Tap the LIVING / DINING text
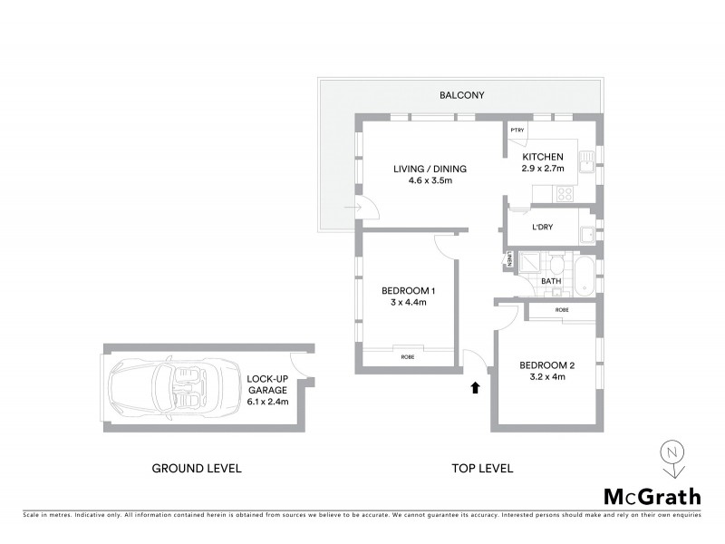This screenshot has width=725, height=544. (x=429, y=169)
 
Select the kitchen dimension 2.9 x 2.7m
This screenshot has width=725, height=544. (x=543, y=169)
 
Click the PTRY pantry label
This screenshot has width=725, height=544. (x=517, y=131)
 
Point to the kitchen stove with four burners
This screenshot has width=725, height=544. (x=565, y=193)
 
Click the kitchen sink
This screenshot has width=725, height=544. (x=588, y=162)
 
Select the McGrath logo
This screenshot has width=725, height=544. (x=652, y=496)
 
